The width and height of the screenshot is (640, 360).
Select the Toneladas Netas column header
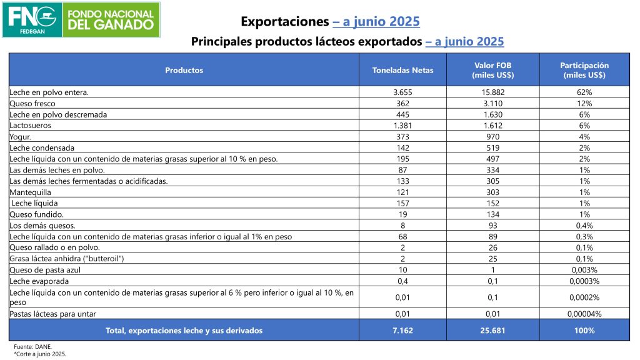click(402, 70)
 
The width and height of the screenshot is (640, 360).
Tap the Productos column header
click(184, 70)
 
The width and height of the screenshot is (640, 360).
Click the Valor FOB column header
click(494, 70)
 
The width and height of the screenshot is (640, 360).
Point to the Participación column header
click(584, 70)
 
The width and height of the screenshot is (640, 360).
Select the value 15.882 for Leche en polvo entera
click(494, 92)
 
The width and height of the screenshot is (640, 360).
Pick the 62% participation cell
click(584, 92)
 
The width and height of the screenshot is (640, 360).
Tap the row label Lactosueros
click(30, 126)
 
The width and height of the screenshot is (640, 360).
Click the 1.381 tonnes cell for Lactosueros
click(402, 126)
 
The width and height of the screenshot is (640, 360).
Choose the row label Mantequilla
click(31, 192)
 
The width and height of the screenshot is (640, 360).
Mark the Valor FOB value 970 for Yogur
click(494, 137)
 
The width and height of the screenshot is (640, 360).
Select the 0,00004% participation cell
click(584, 313)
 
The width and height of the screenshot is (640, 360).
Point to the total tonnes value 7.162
click(402, 330)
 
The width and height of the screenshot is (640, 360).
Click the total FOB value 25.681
click(494, 330)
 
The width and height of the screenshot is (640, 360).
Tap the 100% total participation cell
click(584, 330)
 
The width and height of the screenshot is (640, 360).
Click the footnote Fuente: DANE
click(30, 346)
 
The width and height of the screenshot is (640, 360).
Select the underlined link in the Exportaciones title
click(376, 22)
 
